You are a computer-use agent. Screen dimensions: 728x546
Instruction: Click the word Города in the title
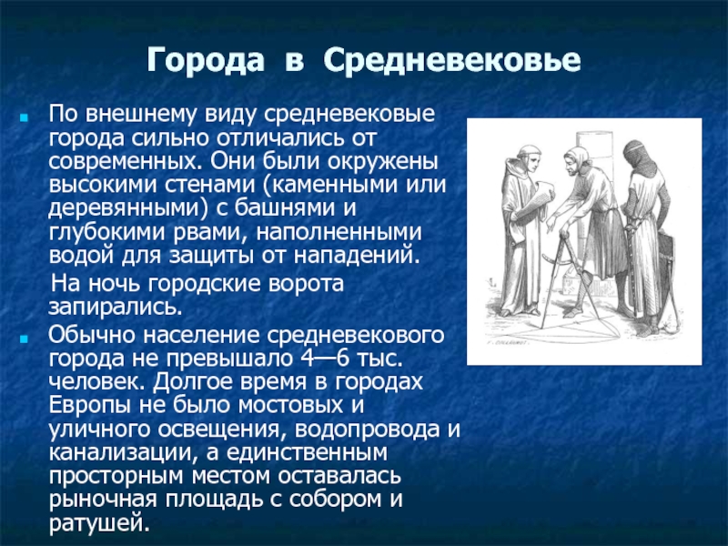(206, 60)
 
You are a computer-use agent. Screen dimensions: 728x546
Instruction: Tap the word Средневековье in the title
(452, 59)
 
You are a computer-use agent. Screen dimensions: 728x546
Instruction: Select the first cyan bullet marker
(24, 117)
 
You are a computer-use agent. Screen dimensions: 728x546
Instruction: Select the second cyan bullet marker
(24, 339)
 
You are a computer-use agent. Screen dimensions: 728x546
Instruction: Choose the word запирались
(116, 307)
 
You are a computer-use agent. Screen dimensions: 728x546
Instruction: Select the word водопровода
(367, 430)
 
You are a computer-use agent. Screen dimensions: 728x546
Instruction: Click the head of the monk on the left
(530, 157)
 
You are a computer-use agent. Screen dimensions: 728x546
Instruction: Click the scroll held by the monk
(535, 198)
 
